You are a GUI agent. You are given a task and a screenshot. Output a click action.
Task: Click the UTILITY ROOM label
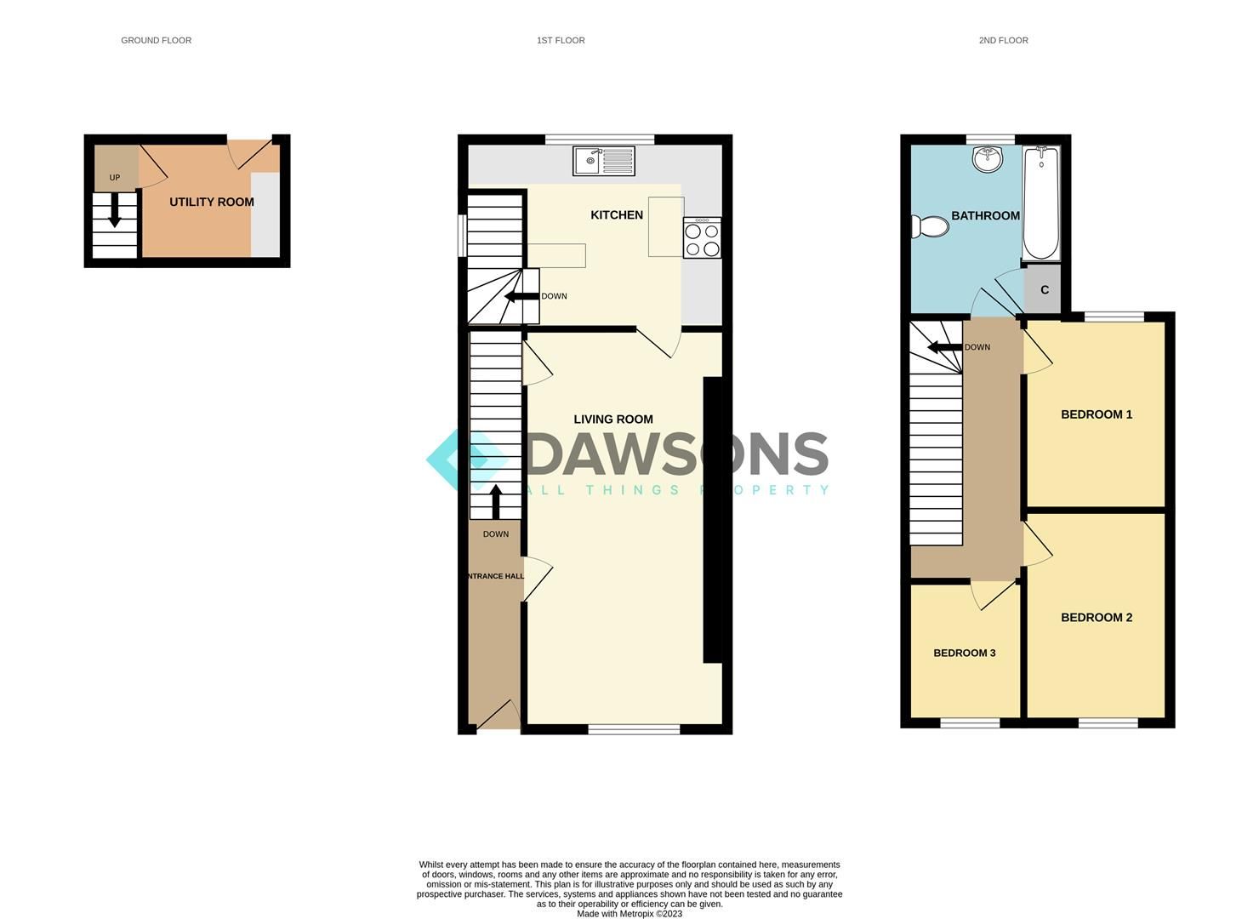click(x=211, y=202)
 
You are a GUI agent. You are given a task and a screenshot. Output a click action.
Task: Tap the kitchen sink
click(x=603, y=161)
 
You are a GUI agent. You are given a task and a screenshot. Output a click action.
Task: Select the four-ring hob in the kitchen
click(x=702, y=237)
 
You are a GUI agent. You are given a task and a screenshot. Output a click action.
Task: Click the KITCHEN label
click(x=617, y=215)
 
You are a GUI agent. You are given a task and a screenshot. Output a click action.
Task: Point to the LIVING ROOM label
click(x=613, y=419)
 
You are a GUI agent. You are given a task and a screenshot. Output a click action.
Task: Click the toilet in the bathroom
click(x=930, y=227)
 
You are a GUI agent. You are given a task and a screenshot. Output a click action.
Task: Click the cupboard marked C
click(x=1045, y=290)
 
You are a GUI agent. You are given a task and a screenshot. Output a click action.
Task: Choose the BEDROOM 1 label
click(x=1097, y=414)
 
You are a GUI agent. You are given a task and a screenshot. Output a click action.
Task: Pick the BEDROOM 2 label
click(x=1097, y=618)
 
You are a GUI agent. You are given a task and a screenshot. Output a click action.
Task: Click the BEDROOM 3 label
click(x=965, y=653)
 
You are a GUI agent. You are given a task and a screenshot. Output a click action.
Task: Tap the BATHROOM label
click(x=985, y=215)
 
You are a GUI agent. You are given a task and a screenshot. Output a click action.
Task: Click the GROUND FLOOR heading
click(x=156, y=40)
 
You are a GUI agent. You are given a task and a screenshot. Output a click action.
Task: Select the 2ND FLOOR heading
click(x=1003, y=40)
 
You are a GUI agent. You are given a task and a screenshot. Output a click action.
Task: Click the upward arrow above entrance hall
click(x=495, y=501)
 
